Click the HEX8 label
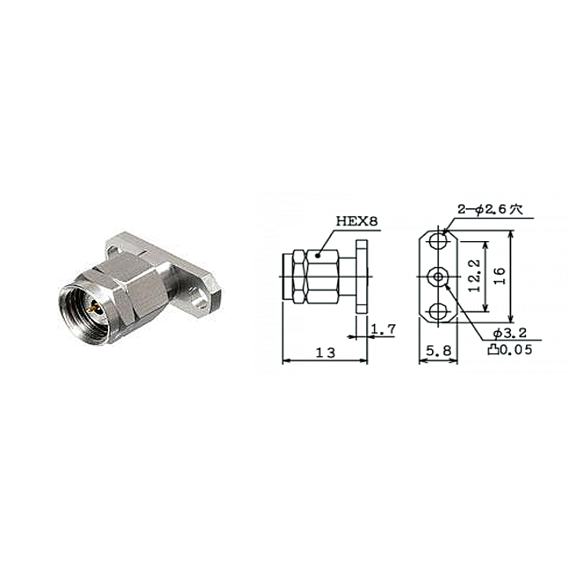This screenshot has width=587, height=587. click(x=357, y=221)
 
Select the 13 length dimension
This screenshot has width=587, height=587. click(x=326, y=353)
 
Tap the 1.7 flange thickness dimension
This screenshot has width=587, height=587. click(x=383, y=330)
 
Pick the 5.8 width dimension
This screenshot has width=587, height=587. click(x=439, y=351)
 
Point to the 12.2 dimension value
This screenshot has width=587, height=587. click(x=474, y=276)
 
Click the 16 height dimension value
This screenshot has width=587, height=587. click(x=499, y=276)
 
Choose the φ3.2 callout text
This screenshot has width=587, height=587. click(x=510, y=333)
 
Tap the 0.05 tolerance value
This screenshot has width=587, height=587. click(x=516, y=350)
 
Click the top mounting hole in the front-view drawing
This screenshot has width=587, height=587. click(x=438, y=241)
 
